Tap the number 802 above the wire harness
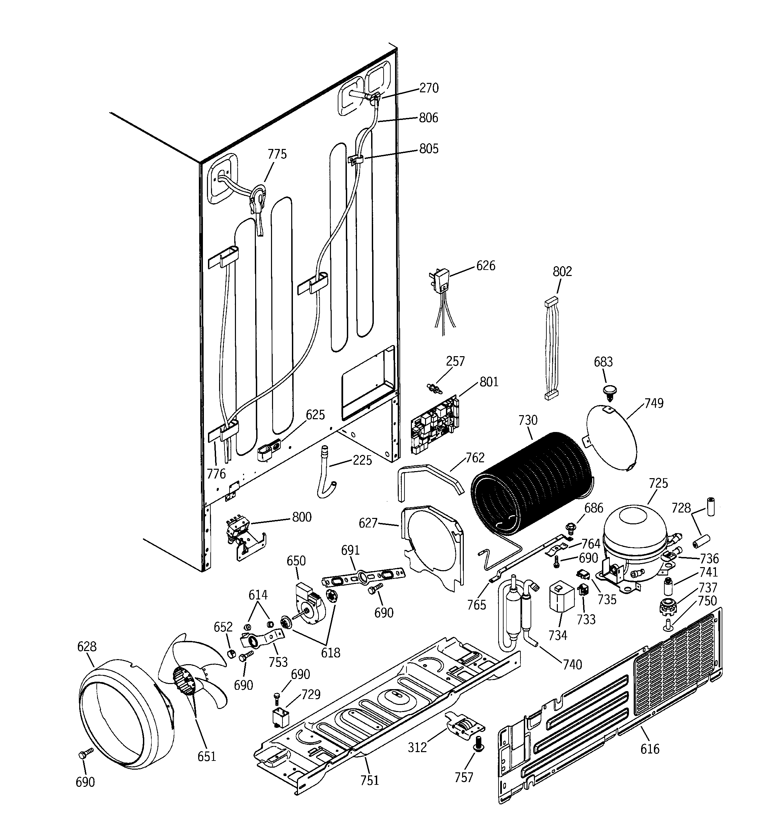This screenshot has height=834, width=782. pos(562,272)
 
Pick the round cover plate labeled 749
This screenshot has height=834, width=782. pos(611,438)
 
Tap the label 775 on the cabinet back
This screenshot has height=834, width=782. pos(277,154)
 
